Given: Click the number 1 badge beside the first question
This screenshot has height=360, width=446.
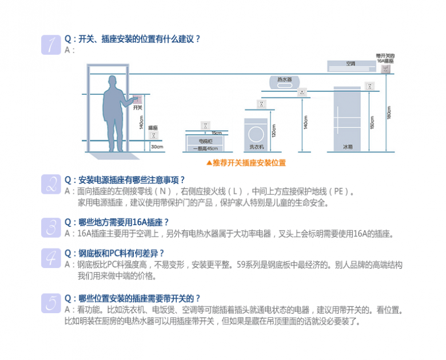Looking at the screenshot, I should (51, 45).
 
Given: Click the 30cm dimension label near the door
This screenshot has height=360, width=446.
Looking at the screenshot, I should (156, 147).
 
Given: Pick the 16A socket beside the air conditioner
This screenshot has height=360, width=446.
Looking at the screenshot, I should (387, 70).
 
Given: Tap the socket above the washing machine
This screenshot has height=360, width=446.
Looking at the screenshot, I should (262, 104).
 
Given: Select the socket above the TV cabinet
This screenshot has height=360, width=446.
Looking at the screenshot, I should (205, 125).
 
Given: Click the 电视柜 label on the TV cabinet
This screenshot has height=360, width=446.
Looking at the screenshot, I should (205, 141).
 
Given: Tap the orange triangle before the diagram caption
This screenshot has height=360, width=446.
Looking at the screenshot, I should (209, 162).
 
